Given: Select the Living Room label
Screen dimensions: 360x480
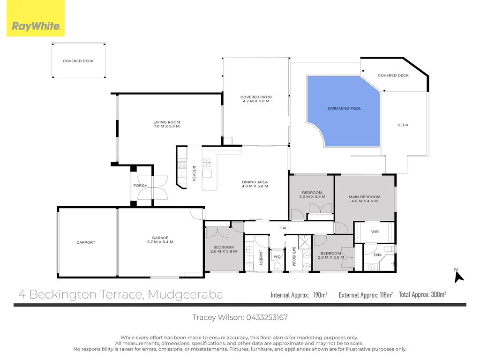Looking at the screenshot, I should (167, 124).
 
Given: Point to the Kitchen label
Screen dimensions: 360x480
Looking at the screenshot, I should (193, 173).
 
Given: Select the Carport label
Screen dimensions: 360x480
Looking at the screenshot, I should (86, 242).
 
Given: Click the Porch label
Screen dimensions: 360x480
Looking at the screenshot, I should (140, 186).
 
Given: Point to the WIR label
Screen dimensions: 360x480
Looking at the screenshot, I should (375, 232).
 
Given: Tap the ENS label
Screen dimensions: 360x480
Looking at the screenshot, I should (377, 255).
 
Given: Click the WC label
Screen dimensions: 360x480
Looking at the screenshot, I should (277, 256).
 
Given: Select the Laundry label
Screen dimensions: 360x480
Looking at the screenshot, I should (261, 257).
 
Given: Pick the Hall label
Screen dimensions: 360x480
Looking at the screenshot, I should (285, 228).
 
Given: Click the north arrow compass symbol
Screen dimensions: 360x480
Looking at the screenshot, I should (458, 276).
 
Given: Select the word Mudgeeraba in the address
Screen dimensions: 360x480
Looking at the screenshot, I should (185, 294).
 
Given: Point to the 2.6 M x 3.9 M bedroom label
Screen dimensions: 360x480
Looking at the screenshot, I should (223, 249).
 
